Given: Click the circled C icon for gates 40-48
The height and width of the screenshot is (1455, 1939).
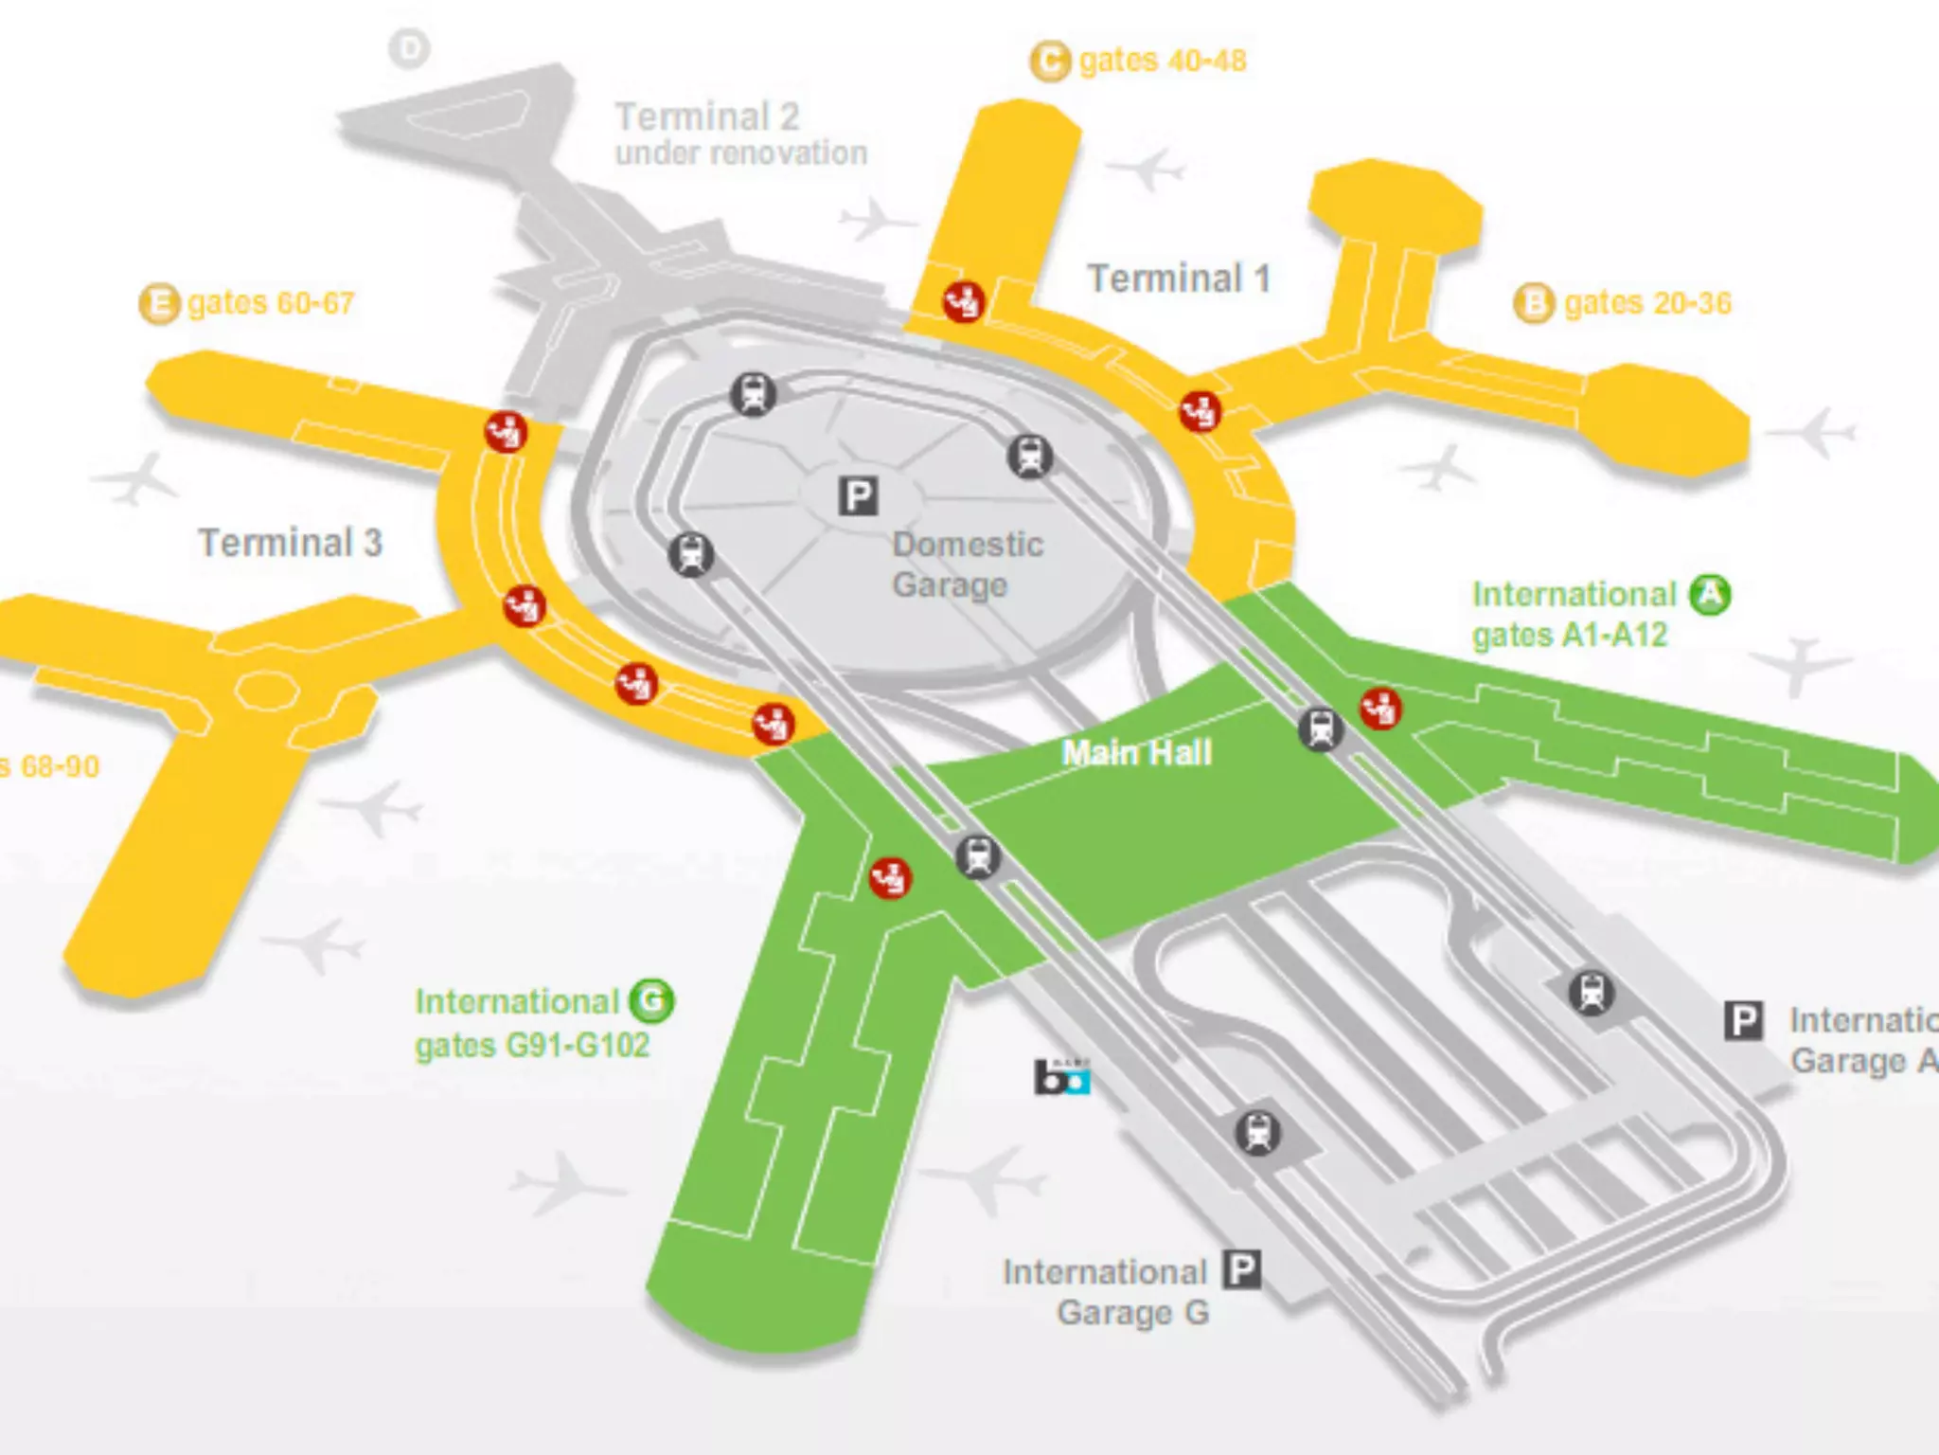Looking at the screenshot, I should (1049, 62).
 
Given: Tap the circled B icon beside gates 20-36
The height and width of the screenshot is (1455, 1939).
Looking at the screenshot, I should (1534, 304).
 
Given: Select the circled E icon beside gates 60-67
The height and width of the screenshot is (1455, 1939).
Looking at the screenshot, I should (159, 304).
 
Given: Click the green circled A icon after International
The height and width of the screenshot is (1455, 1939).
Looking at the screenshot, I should (1710, 595).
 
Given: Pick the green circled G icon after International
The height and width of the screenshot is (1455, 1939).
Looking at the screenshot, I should (651, 1001).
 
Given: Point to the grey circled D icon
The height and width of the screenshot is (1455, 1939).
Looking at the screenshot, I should (410, 48).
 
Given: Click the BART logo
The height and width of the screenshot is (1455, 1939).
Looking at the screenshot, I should (1061, 1077).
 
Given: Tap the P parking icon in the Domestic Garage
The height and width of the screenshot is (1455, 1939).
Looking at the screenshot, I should (859, 496).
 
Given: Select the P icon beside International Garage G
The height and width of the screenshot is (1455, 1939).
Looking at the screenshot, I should (1242, 1269).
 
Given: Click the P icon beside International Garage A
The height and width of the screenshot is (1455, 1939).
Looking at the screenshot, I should (1743, 1021).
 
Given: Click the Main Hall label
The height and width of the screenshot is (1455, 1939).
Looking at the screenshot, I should (1136, 753).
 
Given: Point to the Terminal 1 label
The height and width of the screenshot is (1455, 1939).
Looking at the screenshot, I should (1178, 278).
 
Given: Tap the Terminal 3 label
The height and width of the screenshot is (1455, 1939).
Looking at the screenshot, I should (290, 543).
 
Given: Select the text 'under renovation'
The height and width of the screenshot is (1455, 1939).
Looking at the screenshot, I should (741, 153).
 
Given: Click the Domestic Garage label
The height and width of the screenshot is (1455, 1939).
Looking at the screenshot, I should (967, 565).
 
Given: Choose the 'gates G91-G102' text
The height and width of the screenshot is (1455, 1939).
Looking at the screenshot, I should (532, 1046).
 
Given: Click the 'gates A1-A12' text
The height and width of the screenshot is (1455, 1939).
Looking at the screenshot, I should (1569, 635).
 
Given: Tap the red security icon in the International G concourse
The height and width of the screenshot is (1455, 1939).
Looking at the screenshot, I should (890, 877).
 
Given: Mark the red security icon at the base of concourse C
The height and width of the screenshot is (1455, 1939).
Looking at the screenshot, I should (964, 302).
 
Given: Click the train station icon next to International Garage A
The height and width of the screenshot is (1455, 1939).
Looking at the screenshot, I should (1592, 993).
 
